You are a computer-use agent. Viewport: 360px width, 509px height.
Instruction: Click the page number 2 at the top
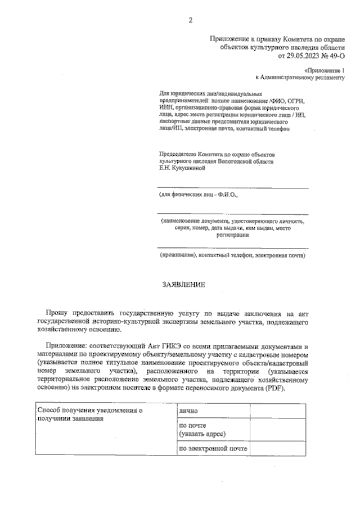[x=190, y=21]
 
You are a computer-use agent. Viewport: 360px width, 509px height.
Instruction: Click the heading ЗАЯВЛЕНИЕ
[x=183, y=285]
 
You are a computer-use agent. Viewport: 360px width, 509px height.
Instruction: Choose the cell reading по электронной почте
[x=213, y=449]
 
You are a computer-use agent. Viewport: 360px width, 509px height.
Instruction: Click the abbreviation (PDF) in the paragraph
[x=274, y=388]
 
